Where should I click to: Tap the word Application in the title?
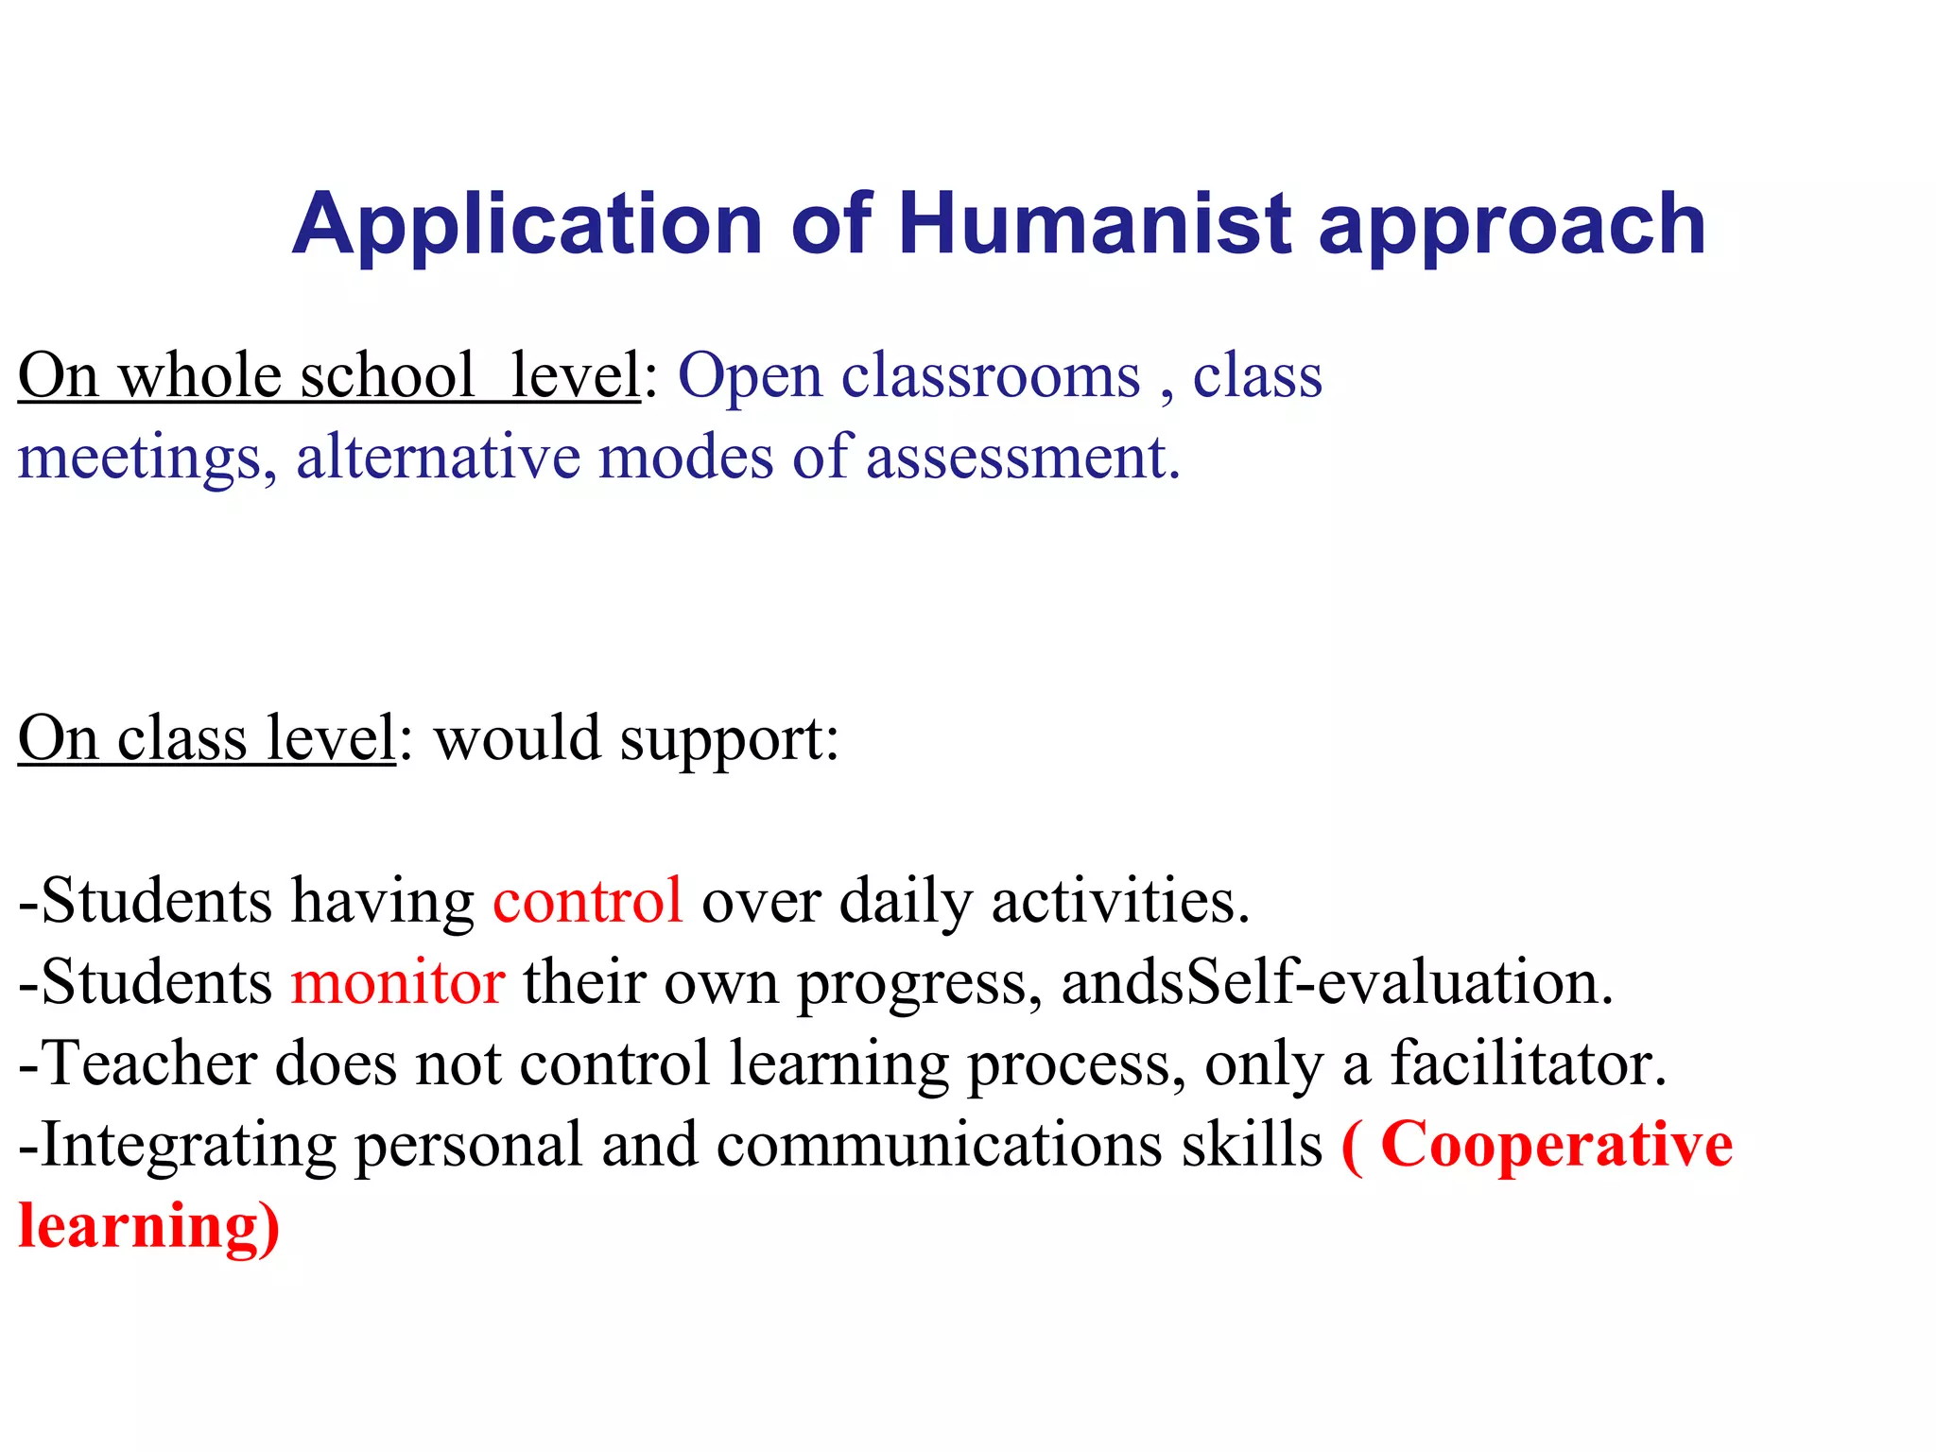tap(527, 225)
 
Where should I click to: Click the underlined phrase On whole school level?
tap(329, 376)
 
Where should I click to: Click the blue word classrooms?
tap(991, 376)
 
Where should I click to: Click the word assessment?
tap(1022, 458)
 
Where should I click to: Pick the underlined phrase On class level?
tap(206, 737)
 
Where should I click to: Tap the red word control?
tap(587, 900)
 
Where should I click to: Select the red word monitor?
tap(397, 981)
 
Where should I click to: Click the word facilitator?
tap(1527, 1063)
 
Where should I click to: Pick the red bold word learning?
tap(139, 1227)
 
